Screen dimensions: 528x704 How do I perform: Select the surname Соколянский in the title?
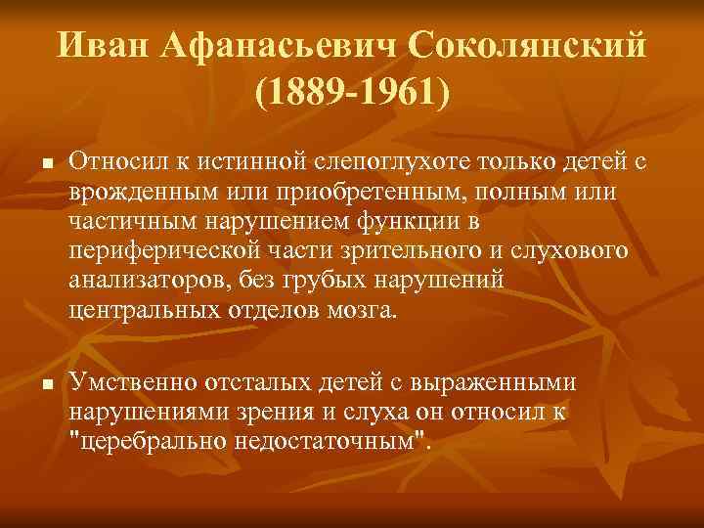point(527,44)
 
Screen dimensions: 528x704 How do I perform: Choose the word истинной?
point(253,160)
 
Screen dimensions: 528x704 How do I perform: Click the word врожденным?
point(144,191)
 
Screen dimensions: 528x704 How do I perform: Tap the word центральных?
point(143,311)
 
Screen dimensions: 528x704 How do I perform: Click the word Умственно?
point(128,382)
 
